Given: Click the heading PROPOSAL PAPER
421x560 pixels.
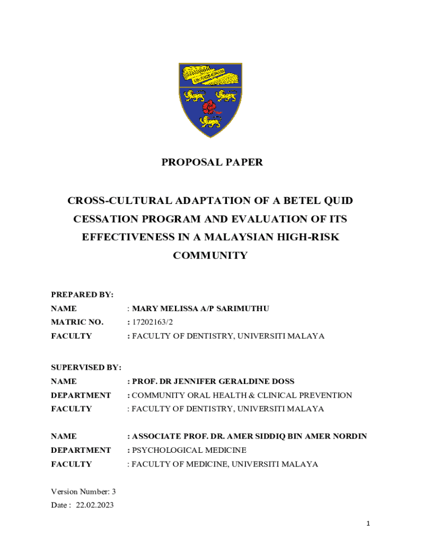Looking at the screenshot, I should (212, 162).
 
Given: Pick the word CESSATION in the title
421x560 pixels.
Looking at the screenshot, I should (103, 219).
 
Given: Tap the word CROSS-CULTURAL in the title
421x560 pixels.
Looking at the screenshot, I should (109, 201).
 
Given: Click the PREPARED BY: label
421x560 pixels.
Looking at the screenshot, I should (82, 295).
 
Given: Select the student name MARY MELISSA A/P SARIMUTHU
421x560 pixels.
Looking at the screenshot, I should (201, 309).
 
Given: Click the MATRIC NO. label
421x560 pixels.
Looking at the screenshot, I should (77, 322).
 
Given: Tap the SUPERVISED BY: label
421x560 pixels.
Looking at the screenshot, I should (86, 367).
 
